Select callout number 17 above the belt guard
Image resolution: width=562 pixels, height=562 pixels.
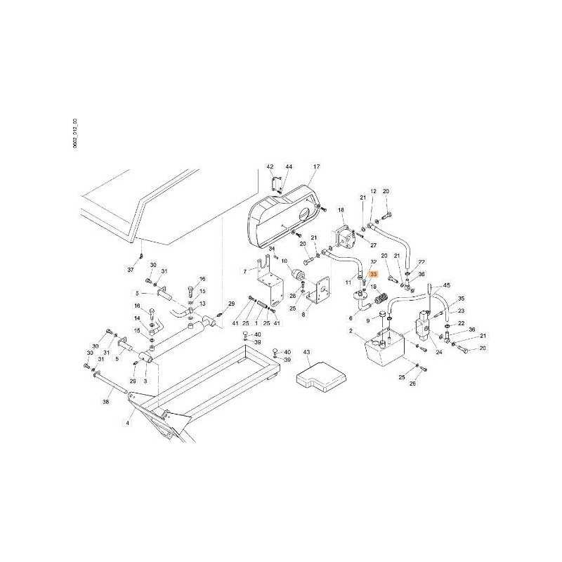click(316, 166)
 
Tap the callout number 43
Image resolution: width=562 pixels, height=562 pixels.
click(306, 351)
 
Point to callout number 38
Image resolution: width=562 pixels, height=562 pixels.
click(106, 402)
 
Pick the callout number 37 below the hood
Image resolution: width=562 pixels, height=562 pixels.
click(131, 270)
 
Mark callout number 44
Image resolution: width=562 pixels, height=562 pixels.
click(289, 166)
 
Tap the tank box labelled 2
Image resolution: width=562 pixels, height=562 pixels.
click(380, 351)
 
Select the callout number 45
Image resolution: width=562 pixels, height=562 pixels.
click(445, 286)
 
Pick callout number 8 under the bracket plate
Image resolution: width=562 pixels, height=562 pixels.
click(303, 315)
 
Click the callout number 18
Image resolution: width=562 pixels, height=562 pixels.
click(341, 209)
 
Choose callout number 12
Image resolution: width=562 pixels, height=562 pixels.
click(374, 191)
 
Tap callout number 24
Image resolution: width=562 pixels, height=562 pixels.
click(439, 352)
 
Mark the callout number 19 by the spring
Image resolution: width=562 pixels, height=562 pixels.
click(374, 287)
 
